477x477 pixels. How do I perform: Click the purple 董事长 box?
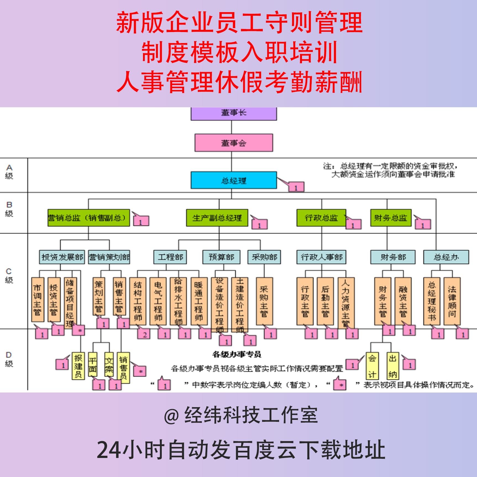pyautogui.click(x=234, y=113)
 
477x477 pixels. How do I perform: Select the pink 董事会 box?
pyautogui.click(x=234, y=143)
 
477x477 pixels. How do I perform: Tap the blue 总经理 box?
pyautogui.click(x=234, y=180)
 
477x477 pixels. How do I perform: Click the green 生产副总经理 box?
pyautogui.click(x=217, y=218)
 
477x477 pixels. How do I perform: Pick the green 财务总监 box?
pyautogui.click(x=391, y=218)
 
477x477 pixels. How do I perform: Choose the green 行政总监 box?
pyautogui.click(x=321, y=218)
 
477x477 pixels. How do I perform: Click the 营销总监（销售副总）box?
pyautogui.click(x=88, y=218)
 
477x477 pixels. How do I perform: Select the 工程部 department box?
pyautogui.click(x=170, y=257)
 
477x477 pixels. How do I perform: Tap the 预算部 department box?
pyautogui.click(x=221, y=257)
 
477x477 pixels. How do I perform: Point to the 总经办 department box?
pyautogui.click(x=446, y=257)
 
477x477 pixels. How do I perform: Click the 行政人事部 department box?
pyautogui.click(x=321, y=257)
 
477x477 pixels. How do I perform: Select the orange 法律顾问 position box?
pyautogui.click(x=452, y=301)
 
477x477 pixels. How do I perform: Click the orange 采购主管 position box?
pyautogui.click(x=264, y=301)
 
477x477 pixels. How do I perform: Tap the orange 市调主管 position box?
pyautogui.click(x=38, y=300)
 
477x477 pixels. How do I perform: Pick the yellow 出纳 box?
pyautogui.click(x=393, y=366)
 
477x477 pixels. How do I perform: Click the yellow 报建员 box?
pyautogui.click(x=78, y=366)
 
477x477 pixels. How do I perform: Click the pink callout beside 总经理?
pyautogui.click(x=296, y=187)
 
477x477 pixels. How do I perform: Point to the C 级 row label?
pyautogui.click(x=9, y=275)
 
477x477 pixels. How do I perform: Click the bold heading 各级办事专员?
pyautogui.click(x=237, y=354)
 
